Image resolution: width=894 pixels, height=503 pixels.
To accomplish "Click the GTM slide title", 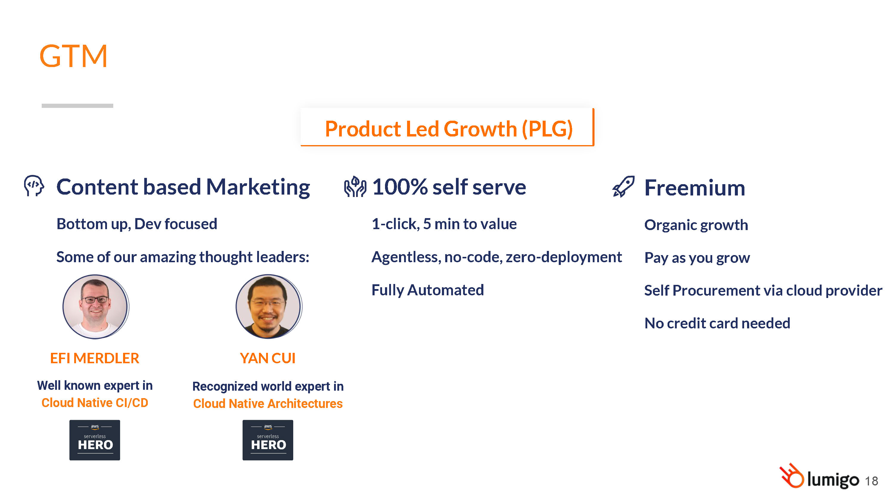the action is pyautogui.click(x=73, y=56).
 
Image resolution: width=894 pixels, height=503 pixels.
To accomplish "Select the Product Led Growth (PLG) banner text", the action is pyautogui.click(x=448, y=129).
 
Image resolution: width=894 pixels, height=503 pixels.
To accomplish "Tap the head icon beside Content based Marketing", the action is pyautogui.click(x=34, y=186).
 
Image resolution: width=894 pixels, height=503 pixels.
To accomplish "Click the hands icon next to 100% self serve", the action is pyautogui.click(x=355, y=187).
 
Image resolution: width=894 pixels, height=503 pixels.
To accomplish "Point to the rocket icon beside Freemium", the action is pyautogui.click(x=623, y=187).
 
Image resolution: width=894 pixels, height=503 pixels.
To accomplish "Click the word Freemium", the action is pyautogui.click(x=694, y=188).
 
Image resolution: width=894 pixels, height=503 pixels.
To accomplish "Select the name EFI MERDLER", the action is pyautogui.click(x=94, y=358).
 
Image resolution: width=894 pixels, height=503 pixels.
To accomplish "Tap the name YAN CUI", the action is pyautogui.click(x=268, y=358).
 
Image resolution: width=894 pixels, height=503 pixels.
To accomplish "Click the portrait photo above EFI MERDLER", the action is pyautogui.click(x=96, y=307).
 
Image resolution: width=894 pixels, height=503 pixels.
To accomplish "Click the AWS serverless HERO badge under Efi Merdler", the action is pyautogui.click(x=95, y=440).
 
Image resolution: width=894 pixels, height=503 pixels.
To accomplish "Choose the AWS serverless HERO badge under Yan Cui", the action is pyautogui.click(x=268, y=440).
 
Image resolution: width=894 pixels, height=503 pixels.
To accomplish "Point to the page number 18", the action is pyautogui.click(x=871, y=481).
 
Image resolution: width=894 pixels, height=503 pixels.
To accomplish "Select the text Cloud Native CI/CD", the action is pyautogui.click(x=95, y=403).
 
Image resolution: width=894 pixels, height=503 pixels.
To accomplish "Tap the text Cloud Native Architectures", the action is pyautogui.click(x=268, y=404).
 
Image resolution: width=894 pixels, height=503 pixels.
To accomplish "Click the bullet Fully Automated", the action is pyautogui.click(x=428, y=290).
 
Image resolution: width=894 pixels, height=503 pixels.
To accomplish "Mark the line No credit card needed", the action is pyautogui.click(x=717, y=323).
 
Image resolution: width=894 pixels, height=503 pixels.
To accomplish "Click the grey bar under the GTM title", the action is pyautogui.click(x=77, y=105).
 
